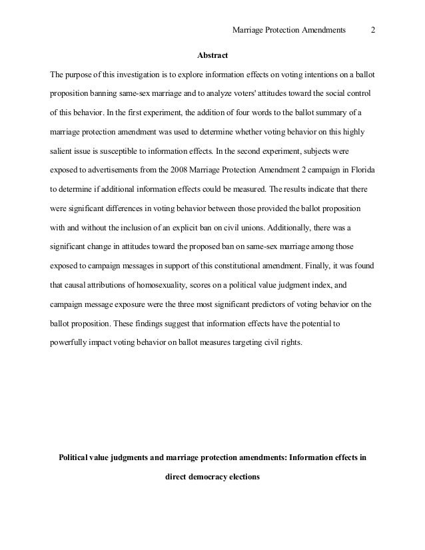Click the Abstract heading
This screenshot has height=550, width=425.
[x=212, y=55]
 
